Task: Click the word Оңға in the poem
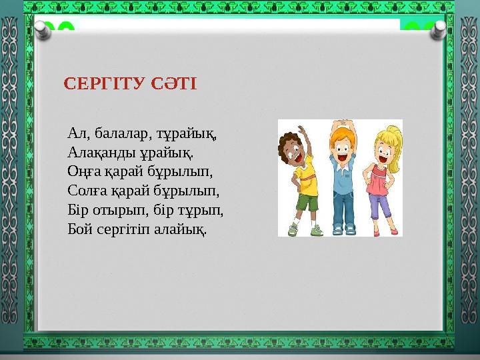tap(83, 171)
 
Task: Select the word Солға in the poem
tap(86, 190)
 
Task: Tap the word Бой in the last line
tap(79, 229)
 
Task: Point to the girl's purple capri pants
tap(380, 203)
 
